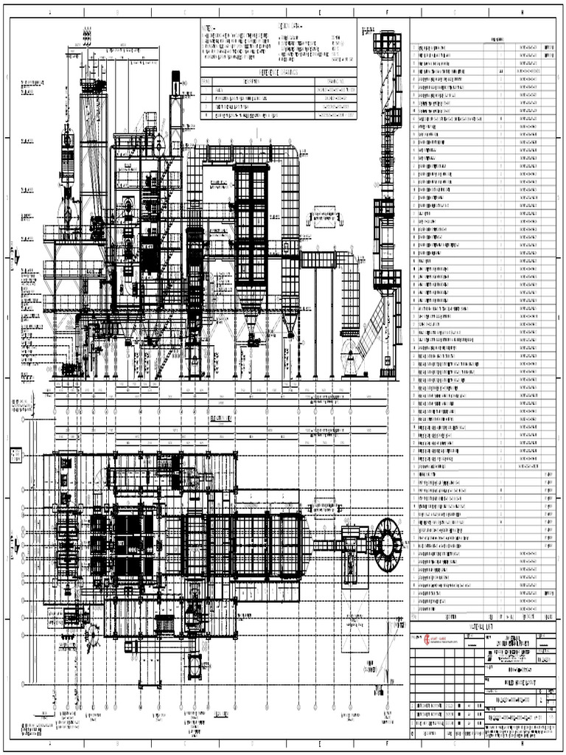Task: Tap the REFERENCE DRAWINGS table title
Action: click(278, 72)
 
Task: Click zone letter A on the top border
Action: click(50, 13)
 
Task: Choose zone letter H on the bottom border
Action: click(522, 744)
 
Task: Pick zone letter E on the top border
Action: click(320, 13)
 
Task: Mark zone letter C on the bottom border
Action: click(185, 744)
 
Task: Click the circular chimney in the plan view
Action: click(387, 545)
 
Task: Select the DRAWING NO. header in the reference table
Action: click(335, 82)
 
